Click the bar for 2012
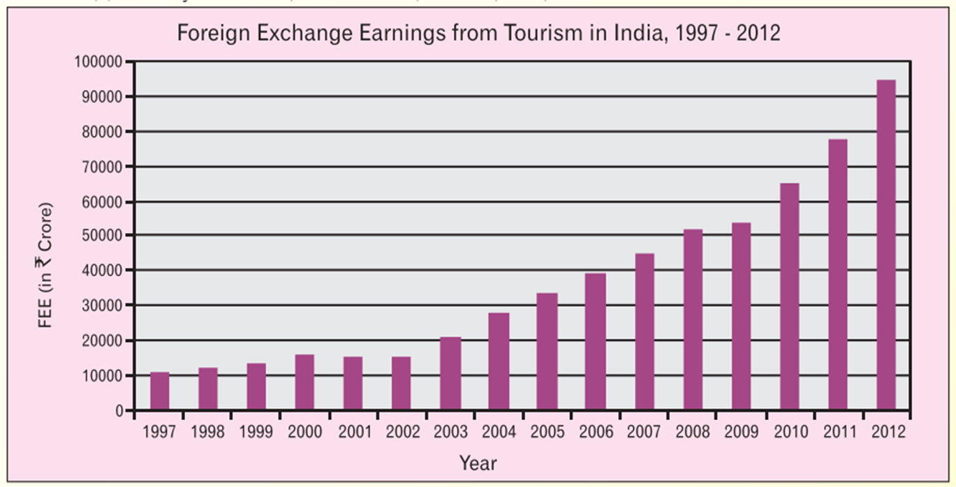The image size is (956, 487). coord(886,244)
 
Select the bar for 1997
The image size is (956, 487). coord(160,391)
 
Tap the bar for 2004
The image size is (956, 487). coord(499,361)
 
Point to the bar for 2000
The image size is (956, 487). coord(304,382)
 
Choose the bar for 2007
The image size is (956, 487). coord(645,331)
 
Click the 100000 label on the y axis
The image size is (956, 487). coord(98,62)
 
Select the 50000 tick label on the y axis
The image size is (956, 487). coord(102,236)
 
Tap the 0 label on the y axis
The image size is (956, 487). coord(119,411)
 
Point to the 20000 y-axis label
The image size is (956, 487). coord(102,340)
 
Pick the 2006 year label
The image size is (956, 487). coord(595,433)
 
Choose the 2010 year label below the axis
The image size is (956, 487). coord(790,433)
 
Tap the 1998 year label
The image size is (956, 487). coord(207,433)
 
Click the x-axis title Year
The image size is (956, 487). coord(478,463)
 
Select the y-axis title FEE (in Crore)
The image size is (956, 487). coord(46,265)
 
